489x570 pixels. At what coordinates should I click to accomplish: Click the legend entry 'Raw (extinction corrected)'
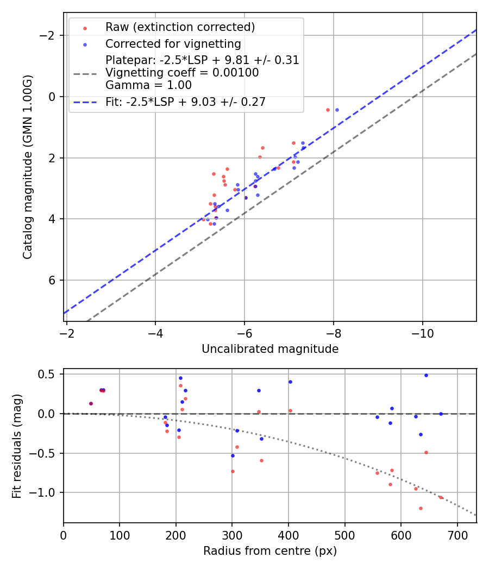pos(180,27)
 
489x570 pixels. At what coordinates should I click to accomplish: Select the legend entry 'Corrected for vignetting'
pos(173,43)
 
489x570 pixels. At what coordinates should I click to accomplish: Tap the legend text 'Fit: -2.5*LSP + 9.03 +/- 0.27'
pos(185,102)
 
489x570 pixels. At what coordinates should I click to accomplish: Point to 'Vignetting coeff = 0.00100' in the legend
pos(182,73)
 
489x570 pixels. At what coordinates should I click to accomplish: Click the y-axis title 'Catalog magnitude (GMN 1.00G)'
pos(28,167)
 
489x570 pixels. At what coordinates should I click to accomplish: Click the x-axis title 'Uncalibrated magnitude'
pos(270,349)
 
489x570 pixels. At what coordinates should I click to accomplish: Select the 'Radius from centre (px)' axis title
pos(270,551)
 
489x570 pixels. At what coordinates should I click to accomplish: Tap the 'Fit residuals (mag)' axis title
pos(17,446)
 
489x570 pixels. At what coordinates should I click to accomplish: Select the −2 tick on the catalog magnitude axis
pos(49,35)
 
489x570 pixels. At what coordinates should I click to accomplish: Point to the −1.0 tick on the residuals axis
pos(45,492)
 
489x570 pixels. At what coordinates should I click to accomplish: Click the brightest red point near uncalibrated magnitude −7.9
pos(328,110)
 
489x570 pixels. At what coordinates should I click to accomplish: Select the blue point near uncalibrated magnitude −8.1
pos(337,110)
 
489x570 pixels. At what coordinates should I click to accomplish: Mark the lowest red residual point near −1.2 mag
pos(421,508)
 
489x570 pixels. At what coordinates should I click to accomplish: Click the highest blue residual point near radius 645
pos(426,375)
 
